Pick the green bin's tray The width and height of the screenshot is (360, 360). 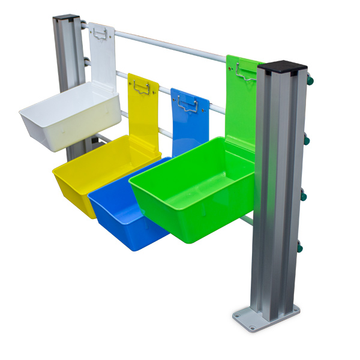(x=192, y=186)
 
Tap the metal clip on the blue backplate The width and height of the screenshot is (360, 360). (x=188, y=106)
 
